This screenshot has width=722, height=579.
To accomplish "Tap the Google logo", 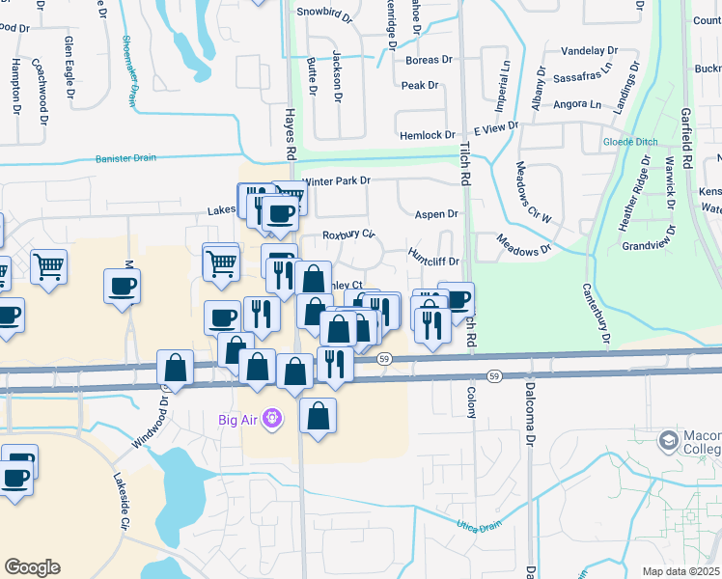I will pyautogui.click(x=32, y=567).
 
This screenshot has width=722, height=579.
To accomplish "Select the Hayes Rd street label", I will pyautogui.click(x=289, y=134).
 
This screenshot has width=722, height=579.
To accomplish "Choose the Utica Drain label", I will pyautogui.click(x=479, y=526).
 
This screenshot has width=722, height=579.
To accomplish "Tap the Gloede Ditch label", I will pyautogui.click(x=630, y=142).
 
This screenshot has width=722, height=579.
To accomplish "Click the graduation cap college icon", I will pyautogui.click(x=668, y=442).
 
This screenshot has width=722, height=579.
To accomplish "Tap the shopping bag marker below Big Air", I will pyautogui.click(x=318, y=416).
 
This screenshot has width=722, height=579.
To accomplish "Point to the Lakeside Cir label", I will pyautogui.click(x=121, y=501).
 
